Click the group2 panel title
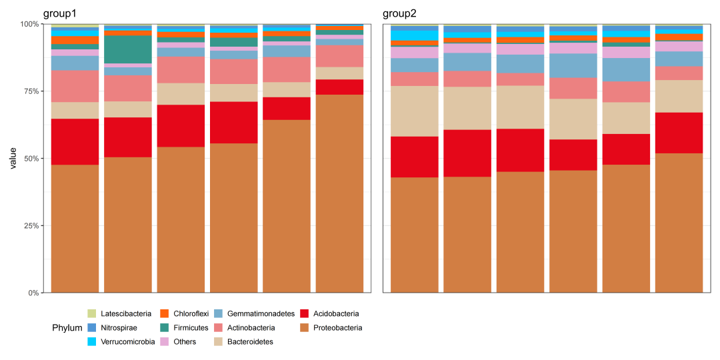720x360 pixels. click(400, 14)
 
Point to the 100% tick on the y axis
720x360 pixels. click(30, 24)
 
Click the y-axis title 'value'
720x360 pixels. click(13, 159)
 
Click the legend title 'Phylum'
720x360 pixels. click(67, 328)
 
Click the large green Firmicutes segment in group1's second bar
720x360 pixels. click(128, 49)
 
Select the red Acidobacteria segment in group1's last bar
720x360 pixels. click(339, 87)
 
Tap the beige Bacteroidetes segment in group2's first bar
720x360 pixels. click(414, 111)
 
